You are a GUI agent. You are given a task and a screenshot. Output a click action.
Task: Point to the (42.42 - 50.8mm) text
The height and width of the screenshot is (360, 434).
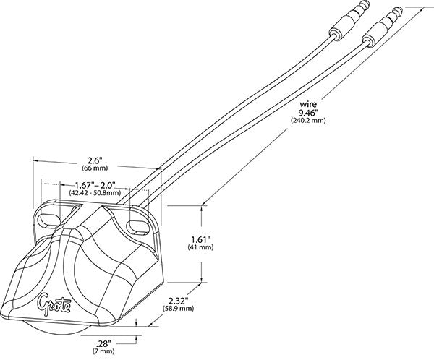point(89,194)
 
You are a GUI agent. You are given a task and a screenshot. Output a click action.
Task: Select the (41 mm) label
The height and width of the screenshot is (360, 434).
point(201,247)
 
